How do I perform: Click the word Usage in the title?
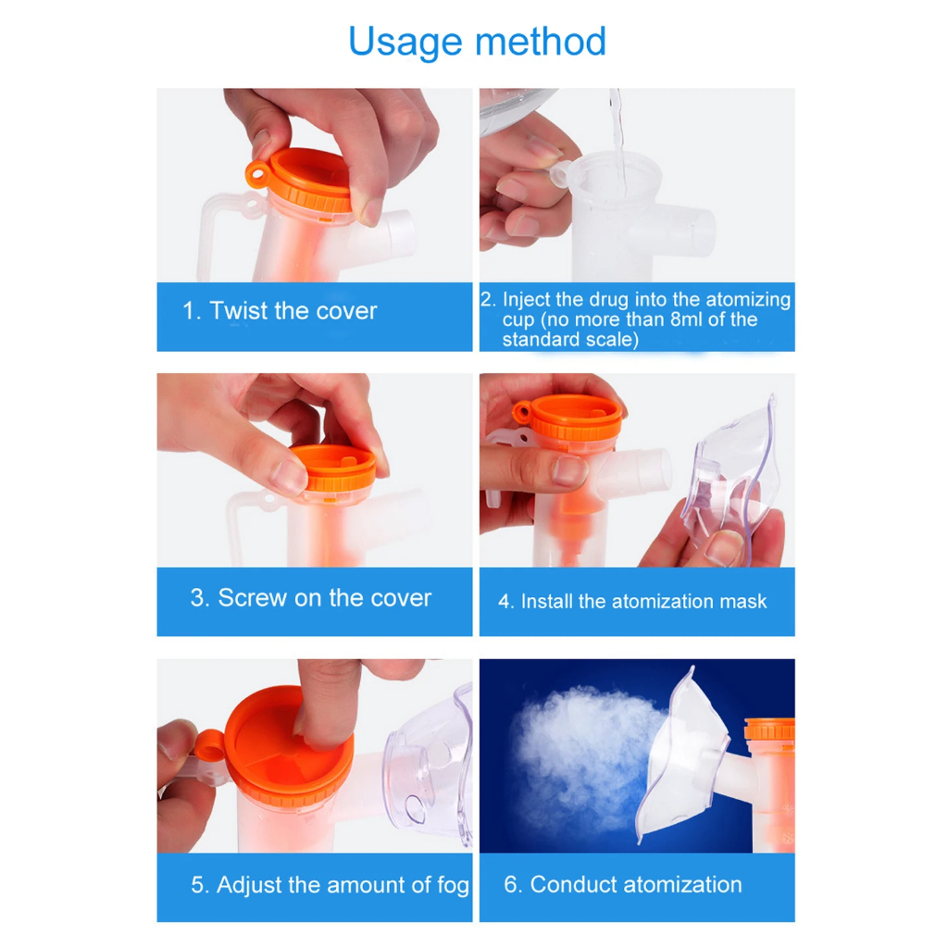(x=405, y=43)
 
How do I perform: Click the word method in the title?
(x=541, y=42)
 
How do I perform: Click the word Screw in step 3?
(x=252, y=598)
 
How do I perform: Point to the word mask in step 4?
(x=742, y=602)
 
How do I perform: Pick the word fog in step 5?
(x=453, y=886)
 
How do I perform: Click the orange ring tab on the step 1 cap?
(x=257, y=175)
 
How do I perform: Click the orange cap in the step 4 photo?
(x=569, y=418)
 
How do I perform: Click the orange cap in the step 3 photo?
(x=334, y=468)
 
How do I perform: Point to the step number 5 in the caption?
(x=198, y=885)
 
